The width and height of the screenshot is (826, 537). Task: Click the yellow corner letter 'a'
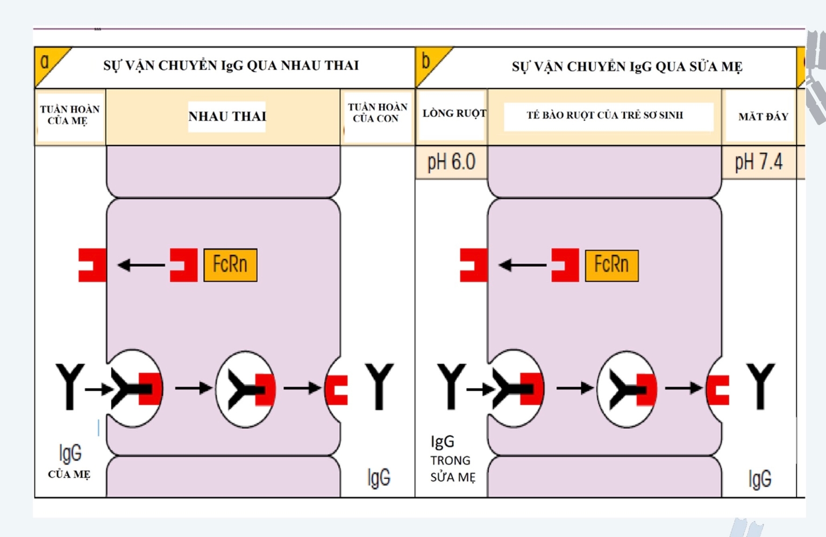point(45,62)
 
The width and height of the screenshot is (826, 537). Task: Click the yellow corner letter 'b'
point(426,61)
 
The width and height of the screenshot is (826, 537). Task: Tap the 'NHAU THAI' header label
point(227,116)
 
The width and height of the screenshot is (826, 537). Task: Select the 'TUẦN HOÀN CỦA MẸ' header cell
point(70,115)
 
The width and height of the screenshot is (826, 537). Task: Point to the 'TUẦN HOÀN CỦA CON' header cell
point(377,113)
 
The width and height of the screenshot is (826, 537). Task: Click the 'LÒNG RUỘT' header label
point(454,113)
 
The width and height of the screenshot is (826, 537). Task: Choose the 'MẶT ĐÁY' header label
point(763,117)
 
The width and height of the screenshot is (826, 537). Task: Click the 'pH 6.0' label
point(451,162)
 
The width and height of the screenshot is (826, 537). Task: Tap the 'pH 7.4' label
point(758,162)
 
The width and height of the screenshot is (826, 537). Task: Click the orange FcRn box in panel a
point(230,264)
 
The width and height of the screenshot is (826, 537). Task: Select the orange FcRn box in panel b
point(611,265)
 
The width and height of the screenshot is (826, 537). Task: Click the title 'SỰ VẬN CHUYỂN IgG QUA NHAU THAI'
point(231,66)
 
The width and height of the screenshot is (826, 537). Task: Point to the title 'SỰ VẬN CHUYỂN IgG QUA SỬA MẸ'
point(626,67)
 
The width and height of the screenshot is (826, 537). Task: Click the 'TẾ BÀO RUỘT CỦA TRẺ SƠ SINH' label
point(605,115)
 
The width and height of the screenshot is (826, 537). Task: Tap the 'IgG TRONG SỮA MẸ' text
point(452,459)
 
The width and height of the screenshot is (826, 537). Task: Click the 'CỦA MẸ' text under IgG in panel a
point(69,474)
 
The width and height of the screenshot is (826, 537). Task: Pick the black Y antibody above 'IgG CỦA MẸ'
point(70,386)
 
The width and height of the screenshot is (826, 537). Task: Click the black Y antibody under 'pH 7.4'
point(761,386)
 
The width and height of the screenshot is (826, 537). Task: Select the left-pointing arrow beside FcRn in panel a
point(141,264)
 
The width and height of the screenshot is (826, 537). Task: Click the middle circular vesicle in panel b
point(627,389)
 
